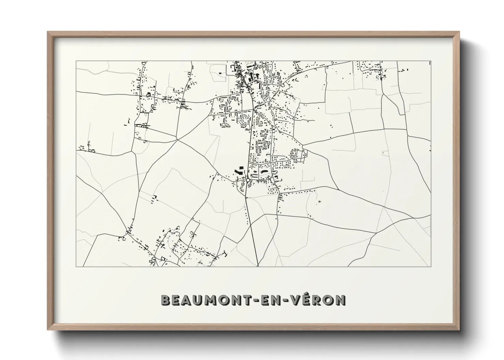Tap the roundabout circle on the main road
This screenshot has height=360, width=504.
point(248,179)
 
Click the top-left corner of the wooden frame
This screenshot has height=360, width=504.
point(48,32)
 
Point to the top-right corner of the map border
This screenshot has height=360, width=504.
point(431,61)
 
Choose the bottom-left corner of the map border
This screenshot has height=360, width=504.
point(76,266)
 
